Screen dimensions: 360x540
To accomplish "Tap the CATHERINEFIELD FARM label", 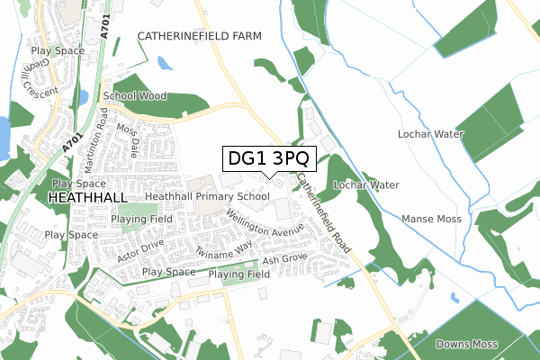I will pos(199,36).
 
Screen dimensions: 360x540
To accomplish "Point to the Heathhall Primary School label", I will pos(208,195).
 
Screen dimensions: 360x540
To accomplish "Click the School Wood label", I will pos(135,95).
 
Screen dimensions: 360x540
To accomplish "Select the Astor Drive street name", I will pos(139,251).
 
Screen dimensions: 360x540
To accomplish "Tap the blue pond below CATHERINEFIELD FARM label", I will pos(164,64).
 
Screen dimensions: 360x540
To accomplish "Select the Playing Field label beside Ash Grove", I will pos(239,274).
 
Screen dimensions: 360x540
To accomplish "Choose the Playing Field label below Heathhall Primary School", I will pos(142,219).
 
